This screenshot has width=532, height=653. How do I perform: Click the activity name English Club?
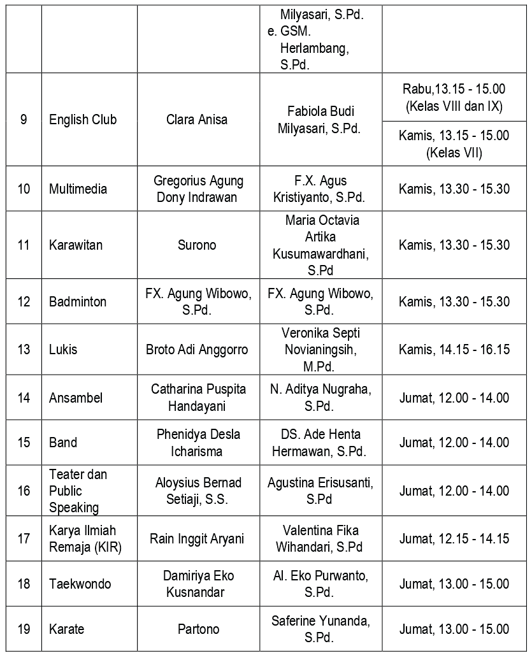pos(82,120)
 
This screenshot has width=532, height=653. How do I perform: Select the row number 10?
pos(24,189)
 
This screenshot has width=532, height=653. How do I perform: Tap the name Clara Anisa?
pos(196,120)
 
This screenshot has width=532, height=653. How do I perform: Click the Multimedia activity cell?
pos(78,189)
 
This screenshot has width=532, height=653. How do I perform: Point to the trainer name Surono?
pos(196,245)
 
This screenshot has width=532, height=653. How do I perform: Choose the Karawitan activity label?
pos(75,245)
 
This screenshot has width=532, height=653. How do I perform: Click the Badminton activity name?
pos(77,301)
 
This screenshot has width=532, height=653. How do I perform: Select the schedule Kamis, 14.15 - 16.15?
pos(454,350)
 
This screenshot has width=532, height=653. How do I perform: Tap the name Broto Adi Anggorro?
pos(196,350)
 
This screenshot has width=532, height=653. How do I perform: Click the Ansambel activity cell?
pos(75,398)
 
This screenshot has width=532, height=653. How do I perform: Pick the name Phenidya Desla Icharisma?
pos(198,443)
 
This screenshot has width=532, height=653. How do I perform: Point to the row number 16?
pos(24,491)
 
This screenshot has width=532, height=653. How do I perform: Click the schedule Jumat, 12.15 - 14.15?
pos(454,539)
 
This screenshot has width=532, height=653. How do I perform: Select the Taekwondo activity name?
pos(80,584)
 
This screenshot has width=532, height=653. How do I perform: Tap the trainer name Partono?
pos(198,629)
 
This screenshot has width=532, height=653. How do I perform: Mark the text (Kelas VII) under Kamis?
pos(454,153)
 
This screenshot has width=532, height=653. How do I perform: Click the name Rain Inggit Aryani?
pos(196,539)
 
